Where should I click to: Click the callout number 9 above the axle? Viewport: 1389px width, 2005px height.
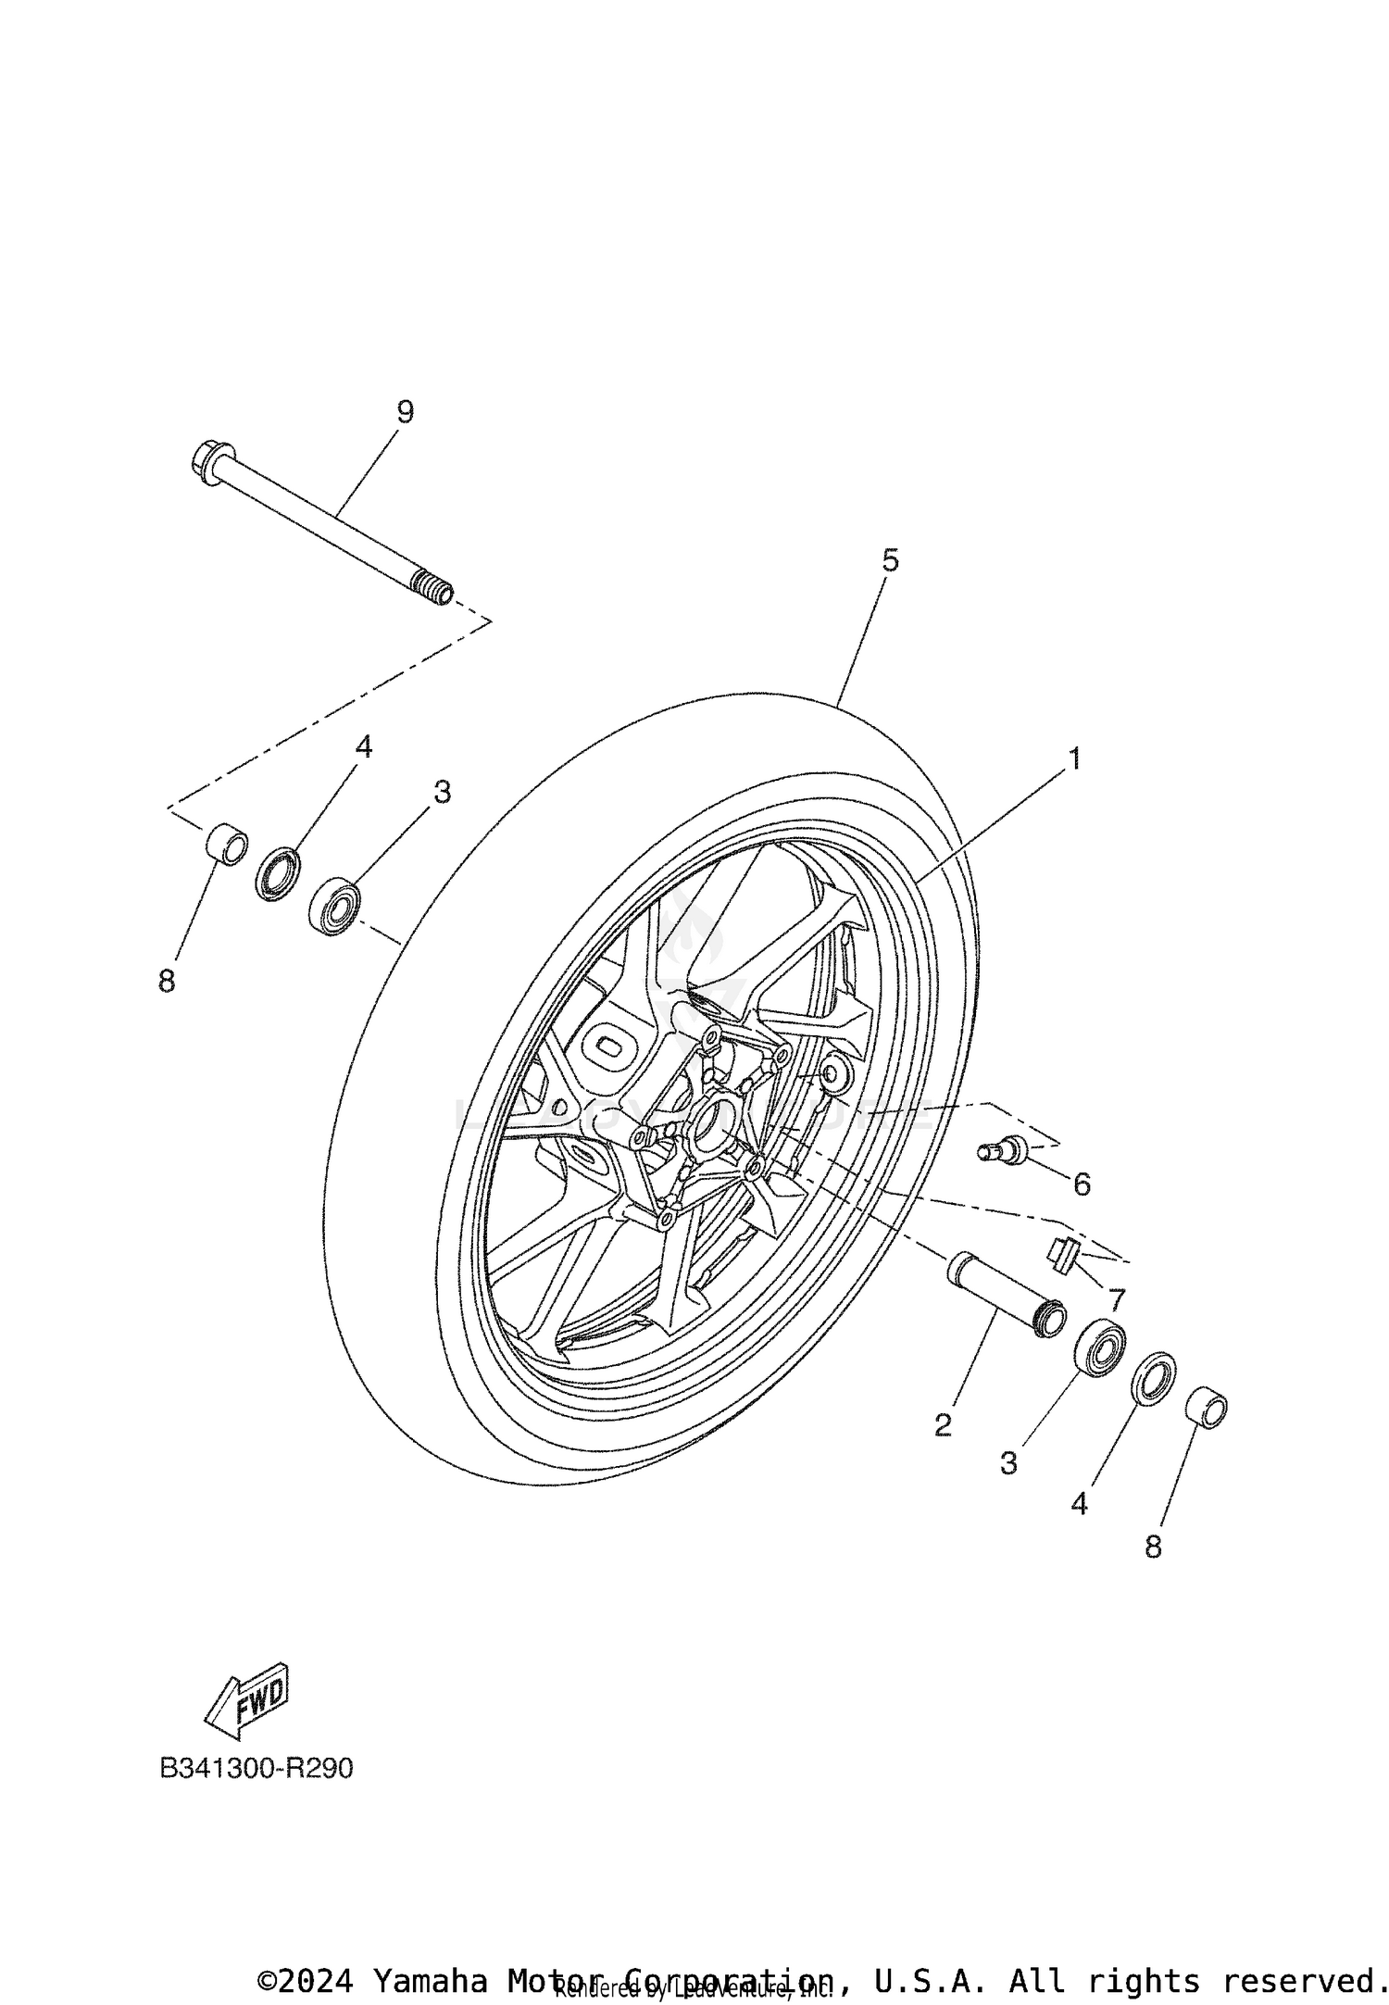[405, 412]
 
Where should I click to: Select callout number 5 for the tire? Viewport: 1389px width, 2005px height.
[889, 560]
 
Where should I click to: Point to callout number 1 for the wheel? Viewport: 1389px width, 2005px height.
[1074, 758]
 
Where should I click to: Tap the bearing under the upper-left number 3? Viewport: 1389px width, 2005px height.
[335, 907]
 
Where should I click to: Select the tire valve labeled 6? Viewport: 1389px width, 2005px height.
[1003, 1151]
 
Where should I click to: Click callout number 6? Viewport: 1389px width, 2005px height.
[1082, 1184]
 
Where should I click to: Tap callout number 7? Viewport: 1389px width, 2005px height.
[1117, 1299]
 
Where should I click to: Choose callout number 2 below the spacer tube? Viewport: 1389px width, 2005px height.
[943, 1425]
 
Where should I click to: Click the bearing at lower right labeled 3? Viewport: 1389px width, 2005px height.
[1101, 1350]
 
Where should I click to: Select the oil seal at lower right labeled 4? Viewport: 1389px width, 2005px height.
[1154, 1380]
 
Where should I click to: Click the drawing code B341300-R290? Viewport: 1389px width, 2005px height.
[257, 1768]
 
